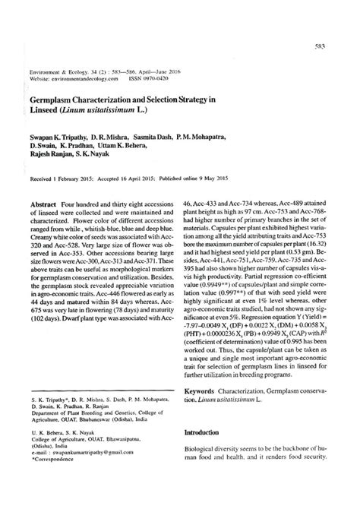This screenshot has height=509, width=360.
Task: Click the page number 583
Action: [x=321, y=46]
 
